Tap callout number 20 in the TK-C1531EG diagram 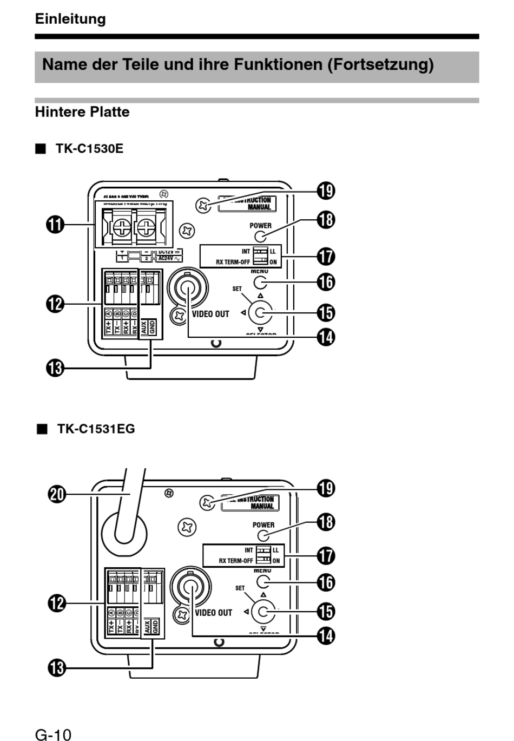coord(57,494)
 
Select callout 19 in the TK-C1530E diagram coord(326,191)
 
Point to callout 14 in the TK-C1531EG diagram coord(326,635)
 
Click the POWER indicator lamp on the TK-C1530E coord(260,237)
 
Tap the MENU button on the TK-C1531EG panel coord(263,582)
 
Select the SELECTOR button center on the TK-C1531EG coord(263,612)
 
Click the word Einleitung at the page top coord(70,19)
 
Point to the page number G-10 coord(53,735)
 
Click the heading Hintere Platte coord(82,112)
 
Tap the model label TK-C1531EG coord(96,429)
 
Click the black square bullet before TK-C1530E coord(40,149)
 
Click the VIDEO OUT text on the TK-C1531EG coord(214,613)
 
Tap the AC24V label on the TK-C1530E coord(166,258)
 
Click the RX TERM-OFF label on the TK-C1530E coord(233,262)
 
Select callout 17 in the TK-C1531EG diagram coord(326,556)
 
